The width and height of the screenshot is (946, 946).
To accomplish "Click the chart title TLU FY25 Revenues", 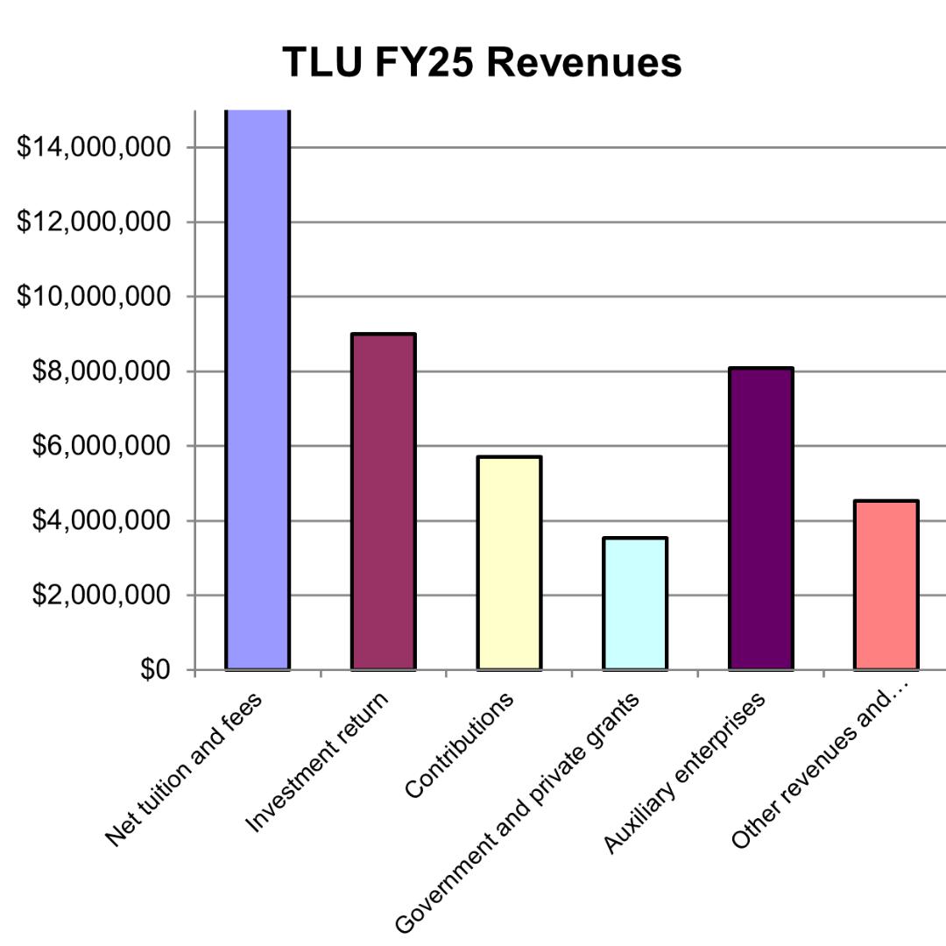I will coord(482,63).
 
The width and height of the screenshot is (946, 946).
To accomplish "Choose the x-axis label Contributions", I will coord(460,745).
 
